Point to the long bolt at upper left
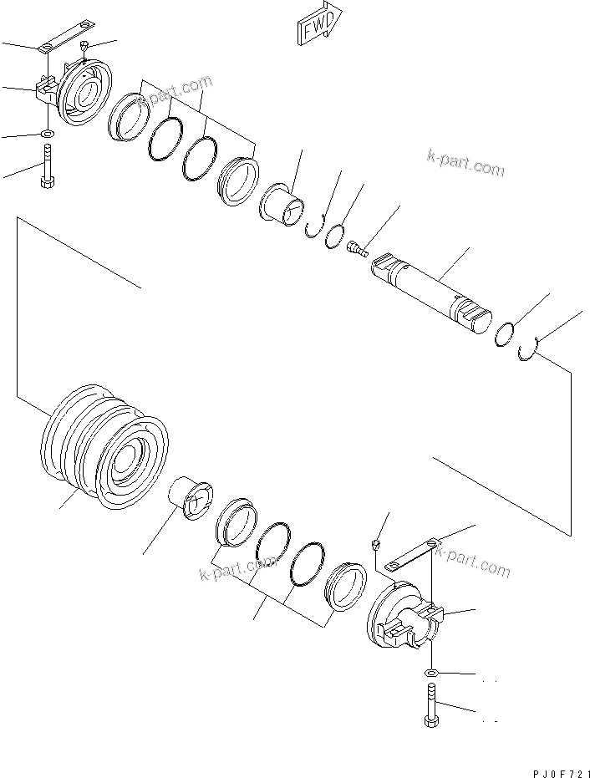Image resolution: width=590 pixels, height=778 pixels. point(47,167)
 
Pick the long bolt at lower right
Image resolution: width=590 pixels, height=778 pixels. point(430,705)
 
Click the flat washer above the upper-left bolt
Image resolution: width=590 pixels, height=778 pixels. point(47,133)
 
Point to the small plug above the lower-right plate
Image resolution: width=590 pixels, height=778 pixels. point(375,546)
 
